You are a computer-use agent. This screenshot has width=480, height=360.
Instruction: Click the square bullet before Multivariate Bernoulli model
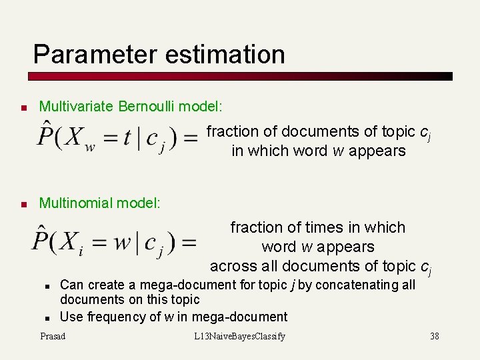23,107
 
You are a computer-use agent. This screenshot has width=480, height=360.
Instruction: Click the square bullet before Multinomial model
23,204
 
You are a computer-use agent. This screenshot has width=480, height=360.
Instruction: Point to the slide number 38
435,336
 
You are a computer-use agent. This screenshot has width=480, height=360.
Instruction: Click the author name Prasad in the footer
53,336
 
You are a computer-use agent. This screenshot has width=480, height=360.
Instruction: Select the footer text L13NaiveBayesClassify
239,336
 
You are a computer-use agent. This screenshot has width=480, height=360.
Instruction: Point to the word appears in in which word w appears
378,151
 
